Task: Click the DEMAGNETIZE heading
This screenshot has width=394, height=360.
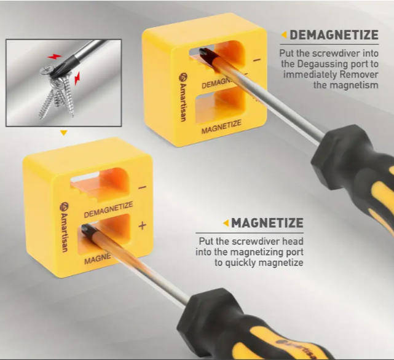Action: point(334,34)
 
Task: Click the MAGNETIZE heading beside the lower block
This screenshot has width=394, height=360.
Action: point(267,223)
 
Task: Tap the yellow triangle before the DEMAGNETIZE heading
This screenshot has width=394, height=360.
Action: point(284,34)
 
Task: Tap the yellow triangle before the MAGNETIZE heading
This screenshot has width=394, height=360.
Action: point(226,223)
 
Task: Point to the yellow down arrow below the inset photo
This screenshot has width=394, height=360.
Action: point(64,133)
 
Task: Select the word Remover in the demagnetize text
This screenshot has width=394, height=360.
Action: point(359,74)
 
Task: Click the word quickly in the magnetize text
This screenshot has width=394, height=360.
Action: point(240,263)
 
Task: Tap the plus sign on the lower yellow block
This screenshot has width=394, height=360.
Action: point(142,225)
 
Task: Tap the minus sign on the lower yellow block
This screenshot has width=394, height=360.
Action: point(142,187)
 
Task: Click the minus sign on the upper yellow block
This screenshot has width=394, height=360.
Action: point(257,60)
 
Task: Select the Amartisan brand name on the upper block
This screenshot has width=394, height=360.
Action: point(183,97)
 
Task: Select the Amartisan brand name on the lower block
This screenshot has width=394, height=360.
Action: point(64,227)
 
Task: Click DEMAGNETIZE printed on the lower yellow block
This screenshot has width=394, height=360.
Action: point(108,209)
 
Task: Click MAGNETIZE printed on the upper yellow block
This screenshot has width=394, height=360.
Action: point(221,127)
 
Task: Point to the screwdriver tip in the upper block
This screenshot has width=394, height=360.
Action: point(204,53)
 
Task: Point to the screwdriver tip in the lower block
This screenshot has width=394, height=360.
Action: point(86,229)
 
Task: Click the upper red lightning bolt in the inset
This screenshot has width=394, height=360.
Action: point(54,57)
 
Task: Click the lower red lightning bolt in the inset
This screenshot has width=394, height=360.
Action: point(77,79)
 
